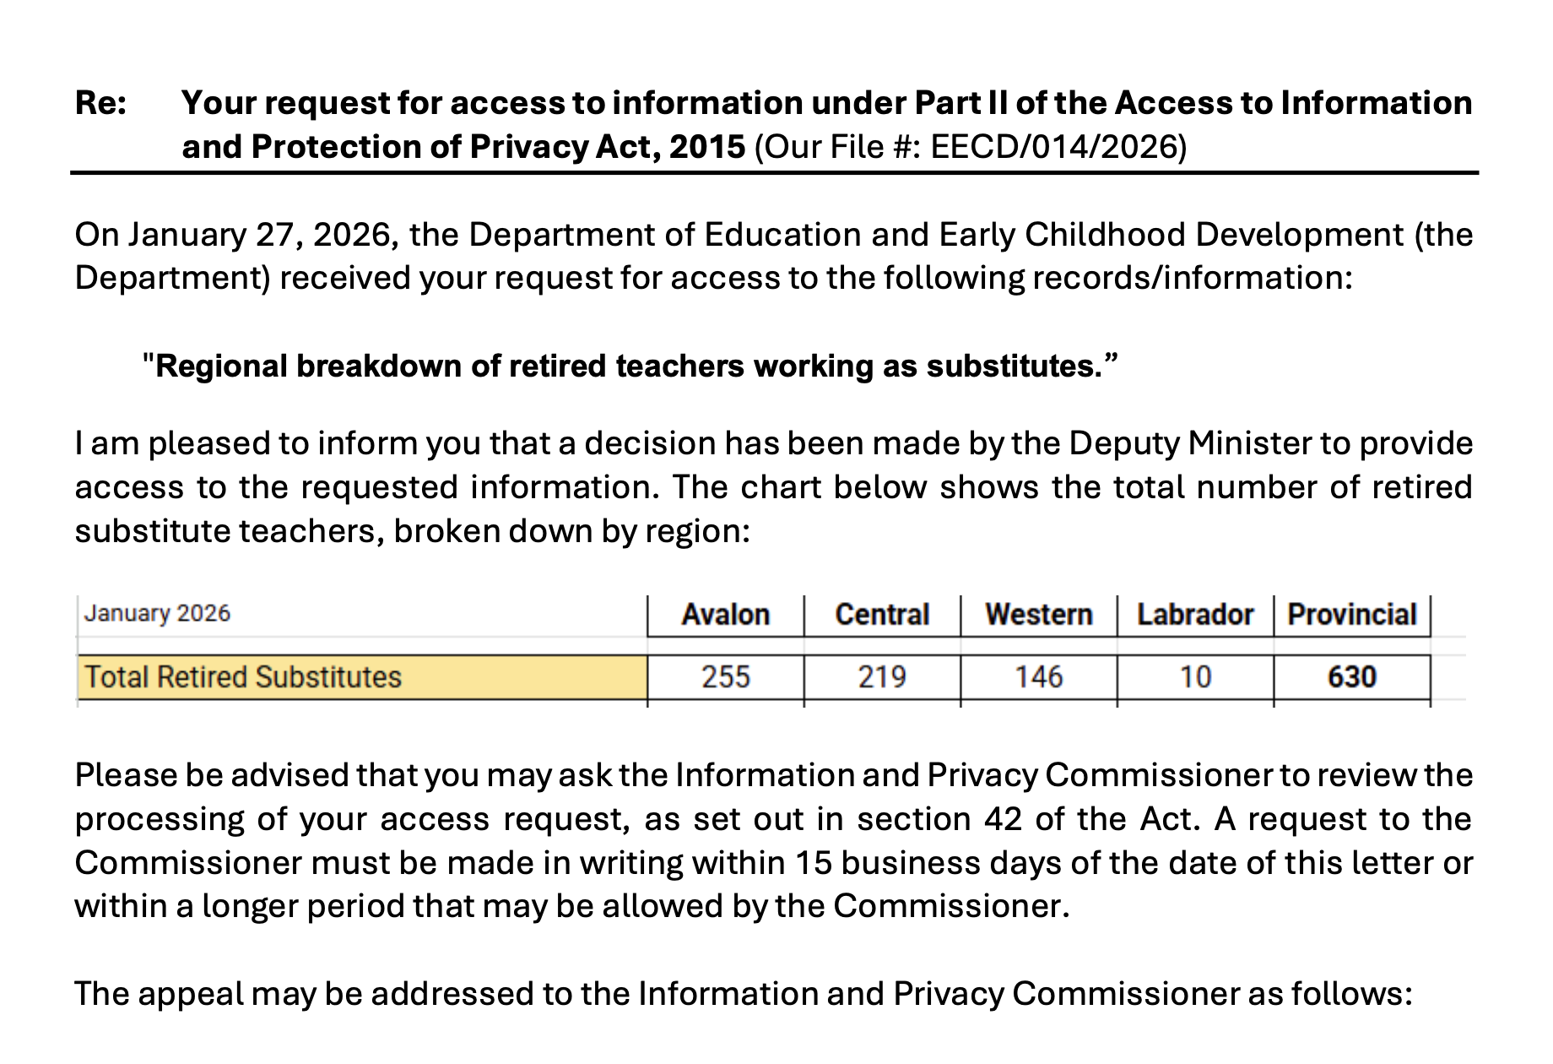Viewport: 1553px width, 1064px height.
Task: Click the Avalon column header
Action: coord(725,614)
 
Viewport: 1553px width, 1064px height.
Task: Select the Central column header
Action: coord(881,614)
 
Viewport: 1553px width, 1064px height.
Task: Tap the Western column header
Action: coord(1038,614)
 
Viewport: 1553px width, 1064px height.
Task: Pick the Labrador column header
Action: coord(1194,614)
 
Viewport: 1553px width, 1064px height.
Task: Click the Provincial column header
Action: coord(1351,614)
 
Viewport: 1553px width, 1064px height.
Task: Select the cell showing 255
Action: coord(725,677)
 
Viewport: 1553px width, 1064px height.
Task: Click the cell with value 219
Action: coord(881,677)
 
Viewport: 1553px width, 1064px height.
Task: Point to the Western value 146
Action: coord(1038,677)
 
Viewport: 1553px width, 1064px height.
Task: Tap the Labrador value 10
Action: coord(1194,677)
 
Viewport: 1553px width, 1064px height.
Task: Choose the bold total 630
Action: coord(1351,677)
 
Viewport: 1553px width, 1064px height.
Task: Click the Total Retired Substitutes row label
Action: coord(243,677)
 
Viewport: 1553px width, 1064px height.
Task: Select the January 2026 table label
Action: coord(157,613)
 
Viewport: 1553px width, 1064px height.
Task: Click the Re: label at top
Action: coord(100,103)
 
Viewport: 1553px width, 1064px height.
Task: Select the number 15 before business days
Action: coord(813,863)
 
